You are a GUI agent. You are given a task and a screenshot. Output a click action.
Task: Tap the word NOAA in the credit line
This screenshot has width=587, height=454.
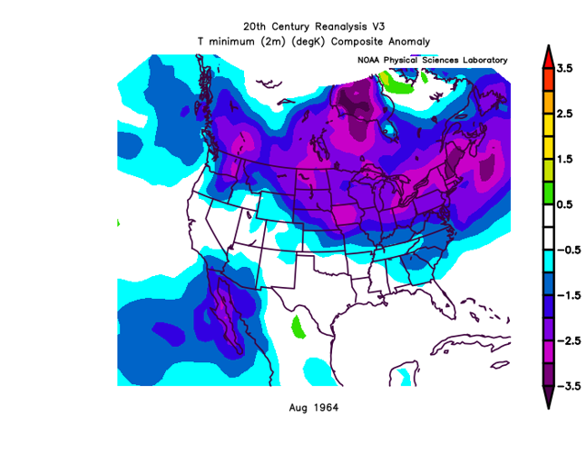tap(370, 60)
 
